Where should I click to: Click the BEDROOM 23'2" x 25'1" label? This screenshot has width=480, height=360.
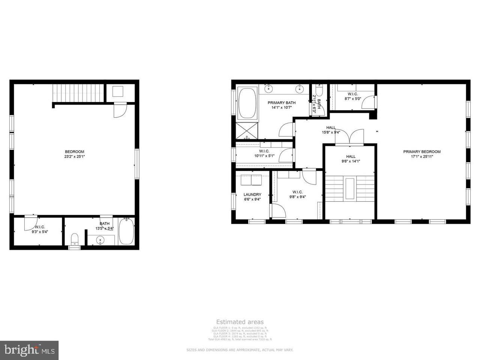[x=75, y=154]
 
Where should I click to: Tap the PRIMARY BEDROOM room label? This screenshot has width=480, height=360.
[x=422, y=154]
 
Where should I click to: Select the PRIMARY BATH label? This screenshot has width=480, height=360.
[x=282, y=105]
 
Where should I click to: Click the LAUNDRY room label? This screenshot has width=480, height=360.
[x=252, y=197]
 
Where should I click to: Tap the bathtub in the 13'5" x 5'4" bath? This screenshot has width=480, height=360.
[x=126, y=232]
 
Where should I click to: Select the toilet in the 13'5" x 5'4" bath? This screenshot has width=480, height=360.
[x=75, y=239]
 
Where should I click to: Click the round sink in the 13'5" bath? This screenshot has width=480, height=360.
[x=100, y=240]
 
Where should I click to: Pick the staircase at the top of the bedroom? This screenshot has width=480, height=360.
[x=78, y=93]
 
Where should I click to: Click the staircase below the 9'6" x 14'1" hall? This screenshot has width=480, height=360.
[x=349, y=188]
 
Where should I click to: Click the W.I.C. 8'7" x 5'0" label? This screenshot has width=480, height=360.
[x=352, y=96]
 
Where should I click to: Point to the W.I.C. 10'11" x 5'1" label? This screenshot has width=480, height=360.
[x=264, y=153]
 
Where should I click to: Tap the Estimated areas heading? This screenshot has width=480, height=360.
[x=240, y=322]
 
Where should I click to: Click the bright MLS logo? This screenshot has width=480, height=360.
[x=29, y=350]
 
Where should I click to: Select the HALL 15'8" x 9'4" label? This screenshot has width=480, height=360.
[x=331, y=130]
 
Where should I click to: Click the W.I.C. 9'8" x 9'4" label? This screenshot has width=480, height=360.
[x=297, y=194]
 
